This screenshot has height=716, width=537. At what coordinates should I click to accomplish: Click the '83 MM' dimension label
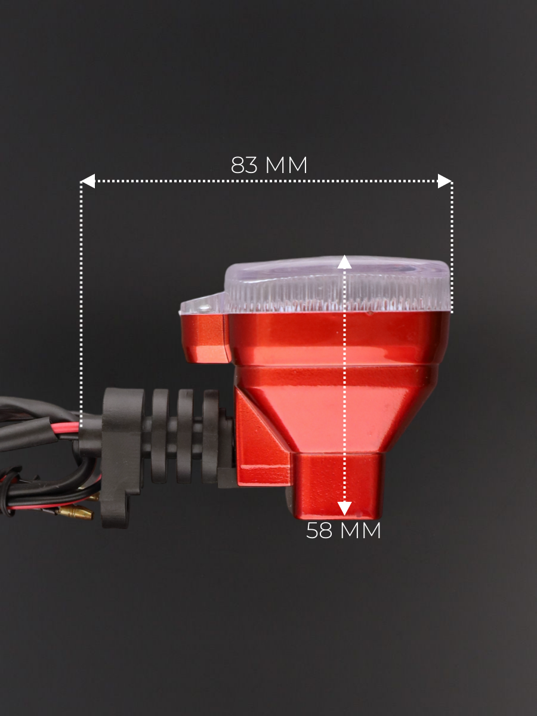pos(269,165)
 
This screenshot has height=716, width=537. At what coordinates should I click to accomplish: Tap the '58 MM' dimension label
pos(343,530)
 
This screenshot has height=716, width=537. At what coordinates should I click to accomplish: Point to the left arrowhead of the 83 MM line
pos(88,181)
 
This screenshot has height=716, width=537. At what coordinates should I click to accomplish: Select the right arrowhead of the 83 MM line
pos(445,181)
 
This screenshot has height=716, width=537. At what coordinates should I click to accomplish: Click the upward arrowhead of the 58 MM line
pos(345,263)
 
